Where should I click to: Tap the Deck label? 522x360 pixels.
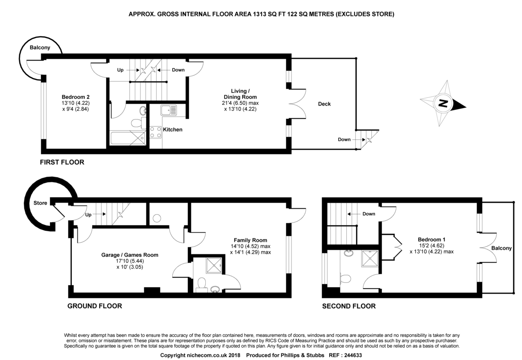tap(324, 104)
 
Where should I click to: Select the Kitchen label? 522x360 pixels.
tap(173, 130)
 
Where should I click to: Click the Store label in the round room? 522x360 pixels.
tap(40, 203)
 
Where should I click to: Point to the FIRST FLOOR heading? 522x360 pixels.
tap(62, 163)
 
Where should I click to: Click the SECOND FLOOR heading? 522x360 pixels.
tap(348, 306)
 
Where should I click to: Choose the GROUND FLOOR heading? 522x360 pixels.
tap(94, 306)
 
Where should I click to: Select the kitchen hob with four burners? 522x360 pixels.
tap(156, 132)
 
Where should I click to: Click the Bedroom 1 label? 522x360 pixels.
tap(431, 240)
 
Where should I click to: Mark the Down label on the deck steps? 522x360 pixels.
tap(344, 140)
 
